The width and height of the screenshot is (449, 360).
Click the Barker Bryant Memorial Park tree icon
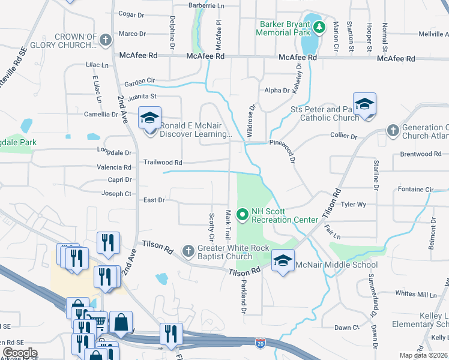[320, 26]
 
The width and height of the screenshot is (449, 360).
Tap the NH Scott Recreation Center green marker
[243, 214]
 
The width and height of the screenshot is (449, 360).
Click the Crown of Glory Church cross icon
[106, 40]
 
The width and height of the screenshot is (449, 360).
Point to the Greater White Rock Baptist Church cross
[188, 250]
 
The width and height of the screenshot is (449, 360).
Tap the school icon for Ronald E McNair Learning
[149, 118]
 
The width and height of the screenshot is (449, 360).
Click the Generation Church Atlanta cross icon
[393, 130]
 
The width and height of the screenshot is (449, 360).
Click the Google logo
[20, 353]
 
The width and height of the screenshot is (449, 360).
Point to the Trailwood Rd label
[162, 162]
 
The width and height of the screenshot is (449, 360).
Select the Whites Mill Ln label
[417, 293]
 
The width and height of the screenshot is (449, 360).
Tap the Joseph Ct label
[116, 194]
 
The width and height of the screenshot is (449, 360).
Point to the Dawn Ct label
[346, 328]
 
